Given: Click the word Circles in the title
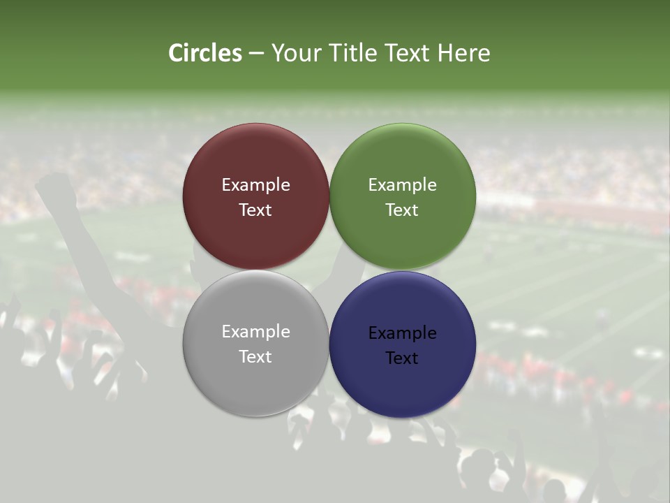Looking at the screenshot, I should click(x=205, y=53).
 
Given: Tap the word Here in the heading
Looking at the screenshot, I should click(x=463, y=53).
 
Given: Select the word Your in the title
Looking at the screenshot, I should click(x=297, y=53).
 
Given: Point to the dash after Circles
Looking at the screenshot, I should click(x=256, y=54).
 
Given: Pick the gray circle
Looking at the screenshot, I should click(x=255, y=381).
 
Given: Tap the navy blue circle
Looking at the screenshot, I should click(x=402, y=384).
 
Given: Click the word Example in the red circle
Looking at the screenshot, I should click(x=255, y=185).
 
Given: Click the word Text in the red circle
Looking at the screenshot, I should click(x=255, y=210).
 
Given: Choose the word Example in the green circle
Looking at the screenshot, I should click(x=402, y=185).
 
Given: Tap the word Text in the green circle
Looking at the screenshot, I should click(x=402, y=210).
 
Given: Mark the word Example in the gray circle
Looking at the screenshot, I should click(x=255, y=332).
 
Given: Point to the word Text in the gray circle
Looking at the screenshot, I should click(x=255, y=357).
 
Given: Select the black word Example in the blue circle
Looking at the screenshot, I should click(x=402, y=333).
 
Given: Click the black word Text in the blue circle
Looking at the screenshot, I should click(x=402, y=358).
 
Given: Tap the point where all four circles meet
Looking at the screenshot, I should click(x=329, y=270).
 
